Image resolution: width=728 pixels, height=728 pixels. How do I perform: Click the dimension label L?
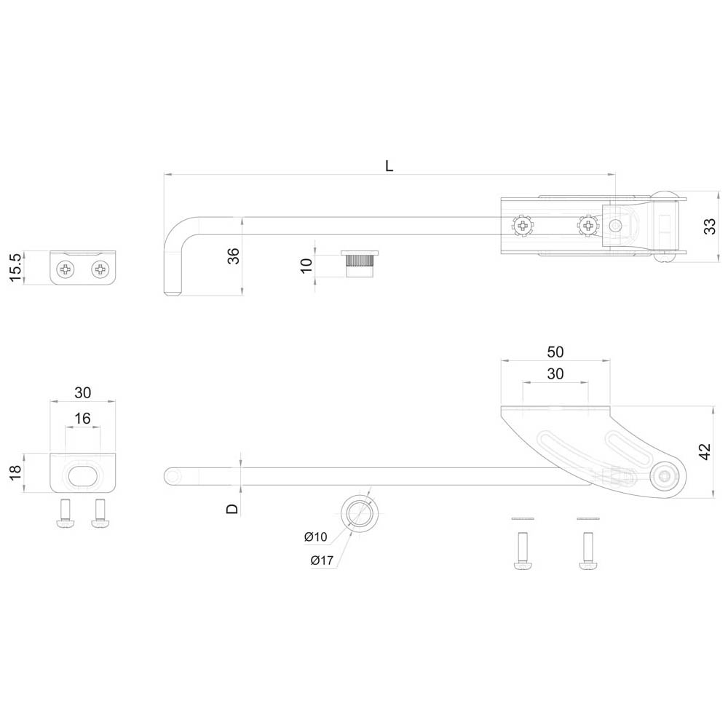pos(389,166)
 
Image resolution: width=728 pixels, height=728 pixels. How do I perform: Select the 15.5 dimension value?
pos(15,267)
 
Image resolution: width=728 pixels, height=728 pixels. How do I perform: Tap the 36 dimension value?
pos(234,256)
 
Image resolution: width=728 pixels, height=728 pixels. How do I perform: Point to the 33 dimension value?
pos(710,226)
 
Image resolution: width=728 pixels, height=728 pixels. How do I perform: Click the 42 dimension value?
pos(705,451)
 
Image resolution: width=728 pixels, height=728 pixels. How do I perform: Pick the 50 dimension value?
pos(555,352)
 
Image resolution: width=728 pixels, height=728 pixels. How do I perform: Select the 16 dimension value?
pos(83,419)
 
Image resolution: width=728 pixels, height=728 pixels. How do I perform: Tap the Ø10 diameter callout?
pos(316,537)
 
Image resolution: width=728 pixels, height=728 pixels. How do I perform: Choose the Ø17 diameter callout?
pos(322,561)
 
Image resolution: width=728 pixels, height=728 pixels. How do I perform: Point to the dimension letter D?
pos(232,509)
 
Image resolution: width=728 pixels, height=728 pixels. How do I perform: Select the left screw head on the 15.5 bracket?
pos(66,269)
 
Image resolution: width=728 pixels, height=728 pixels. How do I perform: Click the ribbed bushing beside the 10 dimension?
pos(360,264)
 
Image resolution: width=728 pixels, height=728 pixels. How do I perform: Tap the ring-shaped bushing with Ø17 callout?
pos(360,513)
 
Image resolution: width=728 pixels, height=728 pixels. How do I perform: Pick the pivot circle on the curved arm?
pos(666,476)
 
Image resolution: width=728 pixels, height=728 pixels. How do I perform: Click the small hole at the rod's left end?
pos(173,476)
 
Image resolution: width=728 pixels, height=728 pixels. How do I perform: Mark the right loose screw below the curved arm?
pos(588,551)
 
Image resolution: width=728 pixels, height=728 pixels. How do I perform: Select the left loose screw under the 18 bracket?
pos(65,513)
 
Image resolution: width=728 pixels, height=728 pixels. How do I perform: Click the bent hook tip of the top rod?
pos(173,292)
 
